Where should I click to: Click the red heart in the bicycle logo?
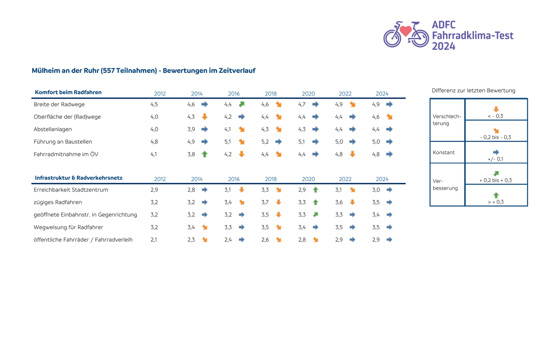point(406,30)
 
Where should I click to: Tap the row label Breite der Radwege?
point(59,104)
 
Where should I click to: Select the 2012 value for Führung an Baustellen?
point(154,142)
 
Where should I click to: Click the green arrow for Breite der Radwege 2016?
point(242,104)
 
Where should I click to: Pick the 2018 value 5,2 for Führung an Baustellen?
point(265,142)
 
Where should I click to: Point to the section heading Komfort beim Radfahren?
point(68,93)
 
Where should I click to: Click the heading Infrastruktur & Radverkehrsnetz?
point(79,178)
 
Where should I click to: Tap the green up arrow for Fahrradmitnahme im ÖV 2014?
point(205,154)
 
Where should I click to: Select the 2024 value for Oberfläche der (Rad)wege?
point(376,117)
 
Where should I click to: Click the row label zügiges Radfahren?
point(57,202)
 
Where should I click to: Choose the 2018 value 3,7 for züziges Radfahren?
point(265,202)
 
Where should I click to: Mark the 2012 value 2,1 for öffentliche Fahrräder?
point(154,240)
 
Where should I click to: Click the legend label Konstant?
point(444,153)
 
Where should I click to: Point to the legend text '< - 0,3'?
point(496,116)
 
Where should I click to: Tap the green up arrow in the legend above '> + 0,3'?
point(496,195)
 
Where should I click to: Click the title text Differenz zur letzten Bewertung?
point(474,91)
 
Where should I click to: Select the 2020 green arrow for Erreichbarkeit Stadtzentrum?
point(316,190)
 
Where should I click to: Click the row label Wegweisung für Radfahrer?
point(68,227)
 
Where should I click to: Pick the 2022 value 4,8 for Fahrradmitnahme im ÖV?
point(339,154)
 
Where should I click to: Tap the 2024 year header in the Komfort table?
point(382,94)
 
